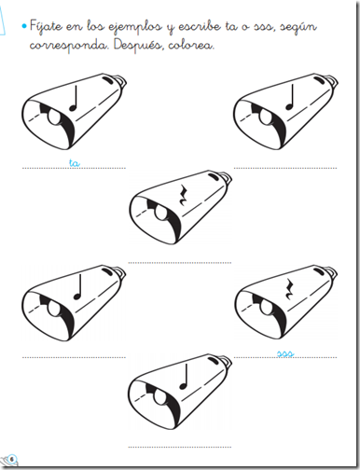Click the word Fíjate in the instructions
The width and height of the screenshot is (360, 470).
pos(46,26)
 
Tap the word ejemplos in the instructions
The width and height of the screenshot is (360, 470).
pos(135,27)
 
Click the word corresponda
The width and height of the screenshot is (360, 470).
pos(68,46)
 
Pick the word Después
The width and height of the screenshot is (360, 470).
pos(138,45)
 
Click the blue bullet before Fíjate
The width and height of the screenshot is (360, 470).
pos(24,26)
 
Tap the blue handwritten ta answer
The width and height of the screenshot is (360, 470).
pos(74,163)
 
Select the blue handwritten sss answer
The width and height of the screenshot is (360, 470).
pos(285,353)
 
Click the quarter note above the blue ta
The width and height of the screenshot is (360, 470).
pos(74,99)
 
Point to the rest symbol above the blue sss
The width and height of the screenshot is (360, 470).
pos(290,289)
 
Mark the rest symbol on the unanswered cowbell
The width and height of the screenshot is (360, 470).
pos(184,196)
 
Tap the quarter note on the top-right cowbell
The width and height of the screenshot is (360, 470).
pos(290,98)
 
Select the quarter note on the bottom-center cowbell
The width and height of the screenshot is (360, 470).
pos(184,377)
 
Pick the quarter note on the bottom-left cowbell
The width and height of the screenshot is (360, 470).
pos(77,287)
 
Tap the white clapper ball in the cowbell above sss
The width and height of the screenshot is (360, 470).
pos(266,308)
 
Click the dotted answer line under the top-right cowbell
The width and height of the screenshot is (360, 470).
pos(285,168)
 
